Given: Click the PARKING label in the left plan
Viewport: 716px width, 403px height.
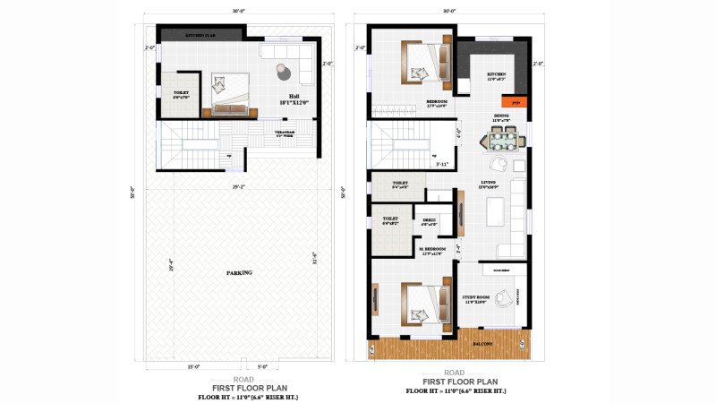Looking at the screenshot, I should pos(239,272).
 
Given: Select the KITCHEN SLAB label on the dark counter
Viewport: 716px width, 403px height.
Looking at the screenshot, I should pos(200,35).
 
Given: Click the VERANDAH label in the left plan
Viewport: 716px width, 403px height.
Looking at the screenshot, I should pos(284,133).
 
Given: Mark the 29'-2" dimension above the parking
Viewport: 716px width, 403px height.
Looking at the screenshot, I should pos(237,187).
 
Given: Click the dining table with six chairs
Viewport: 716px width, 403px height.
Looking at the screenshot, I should pos(503,140).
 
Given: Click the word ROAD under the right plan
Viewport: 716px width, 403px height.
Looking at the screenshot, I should pos(454,372).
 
